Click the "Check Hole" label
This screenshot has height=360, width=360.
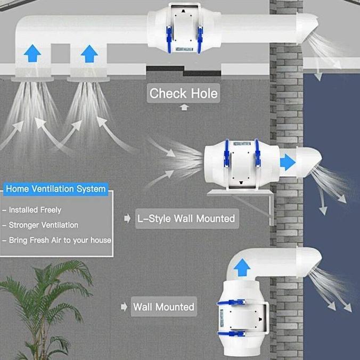[x=183, y=93]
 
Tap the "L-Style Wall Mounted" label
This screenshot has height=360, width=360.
[x=187, y=218]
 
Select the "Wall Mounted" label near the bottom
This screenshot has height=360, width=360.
[x=164, y=307]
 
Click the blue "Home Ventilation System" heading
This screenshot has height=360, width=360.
[x=56, y=189]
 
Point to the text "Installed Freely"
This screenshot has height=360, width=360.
[x=35, y=210]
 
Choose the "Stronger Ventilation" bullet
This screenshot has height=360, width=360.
[x=43, y=225]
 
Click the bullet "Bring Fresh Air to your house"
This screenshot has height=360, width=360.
[x=60, y=240]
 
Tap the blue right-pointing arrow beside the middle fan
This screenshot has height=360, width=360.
[x=288, y=162]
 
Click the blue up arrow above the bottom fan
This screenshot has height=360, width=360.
[x=242, y=267]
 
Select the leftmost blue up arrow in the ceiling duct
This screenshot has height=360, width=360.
[x=32, y=53]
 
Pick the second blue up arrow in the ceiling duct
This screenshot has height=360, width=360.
[x=89, y=54]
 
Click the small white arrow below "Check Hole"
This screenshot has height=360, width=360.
[x=184, y=108]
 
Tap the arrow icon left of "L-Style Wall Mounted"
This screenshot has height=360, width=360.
[x=127, y=218]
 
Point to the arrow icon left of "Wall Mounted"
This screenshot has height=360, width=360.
[x=124, y=307]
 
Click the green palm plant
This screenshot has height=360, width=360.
[x=44, y=310]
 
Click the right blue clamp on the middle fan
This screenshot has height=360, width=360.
[x=257, y=154]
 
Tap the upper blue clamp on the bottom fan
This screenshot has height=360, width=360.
[x=231, y=302]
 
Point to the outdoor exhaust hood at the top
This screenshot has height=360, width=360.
[x=307, y=28]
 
